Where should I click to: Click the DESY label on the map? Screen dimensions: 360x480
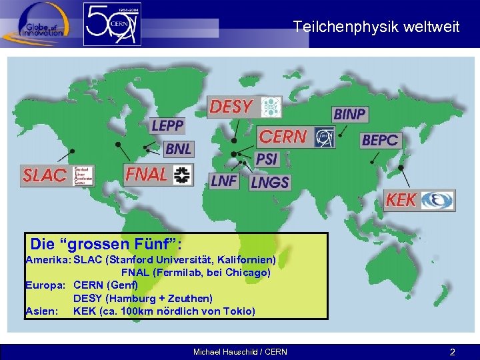click(231, 107)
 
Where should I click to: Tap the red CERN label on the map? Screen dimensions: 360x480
click(283, 137)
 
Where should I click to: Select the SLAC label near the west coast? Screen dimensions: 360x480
click(45, 175)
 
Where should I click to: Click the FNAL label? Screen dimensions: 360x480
click(147, 174)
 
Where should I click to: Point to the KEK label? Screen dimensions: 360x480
click(401, 200)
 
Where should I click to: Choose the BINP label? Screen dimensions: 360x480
click(350, 115)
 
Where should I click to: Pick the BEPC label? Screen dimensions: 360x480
click(381, 140)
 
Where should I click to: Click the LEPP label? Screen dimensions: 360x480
click(167, 125)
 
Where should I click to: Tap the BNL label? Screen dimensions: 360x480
click(178, 149)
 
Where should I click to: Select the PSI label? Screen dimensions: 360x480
click(267, 159)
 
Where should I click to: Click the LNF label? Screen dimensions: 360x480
click(224, 181)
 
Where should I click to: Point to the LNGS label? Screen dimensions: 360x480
click(270, 181)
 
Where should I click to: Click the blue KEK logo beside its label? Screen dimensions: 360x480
click(437, 200)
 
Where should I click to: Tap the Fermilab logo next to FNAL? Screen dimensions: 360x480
click(181, 175)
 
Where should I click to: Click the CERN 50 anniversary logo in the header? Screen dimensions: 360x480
click(112, 25)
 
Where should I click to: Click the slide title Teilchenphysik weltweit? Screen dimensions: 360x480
click(376, 27)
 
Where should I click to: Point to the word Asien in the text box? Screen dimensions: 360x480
click(41, 311)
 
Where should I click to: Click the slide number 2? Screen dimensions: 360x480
click(452, 351)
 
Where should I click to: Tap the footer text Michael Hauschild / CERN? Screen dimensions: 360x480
click(240, 351)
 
